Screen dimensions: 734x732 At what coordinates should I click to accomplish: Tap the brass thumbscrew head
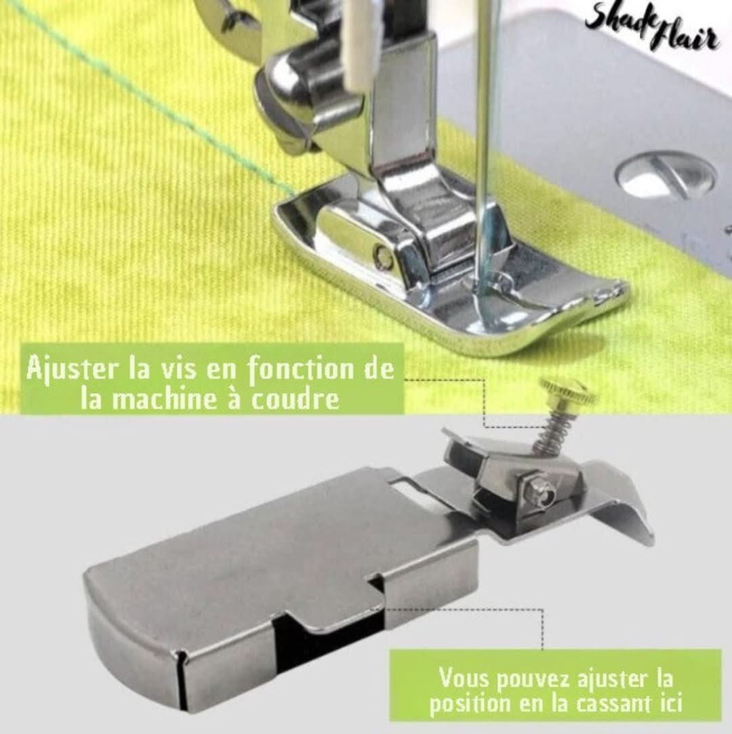pos(568,391)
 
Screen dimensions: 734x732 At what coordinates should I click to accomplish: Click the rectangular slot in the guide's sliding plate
pos(407,488)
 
